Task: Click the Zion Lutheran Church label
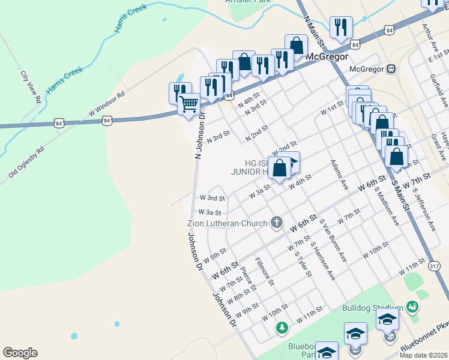(x=224, y=224)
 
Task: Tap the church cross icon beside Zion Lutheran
(x=277, y=223)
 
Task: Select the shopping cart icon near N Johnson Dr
(x=189, y=104)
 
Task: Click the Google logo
(x=20, y=353)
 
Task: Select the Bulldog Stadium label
(x=372, y=308)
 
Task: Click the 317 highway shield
(x=435, y=265)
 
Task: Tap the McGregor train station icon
(x=391, y=69)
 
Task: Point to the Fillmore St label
(x=265, y=271)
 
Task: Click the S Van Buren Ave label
(x=334, y=240)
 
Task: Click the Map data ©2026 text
(x=423, y=355)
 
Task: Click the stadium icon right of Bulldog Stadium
(x=412, y=307)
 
